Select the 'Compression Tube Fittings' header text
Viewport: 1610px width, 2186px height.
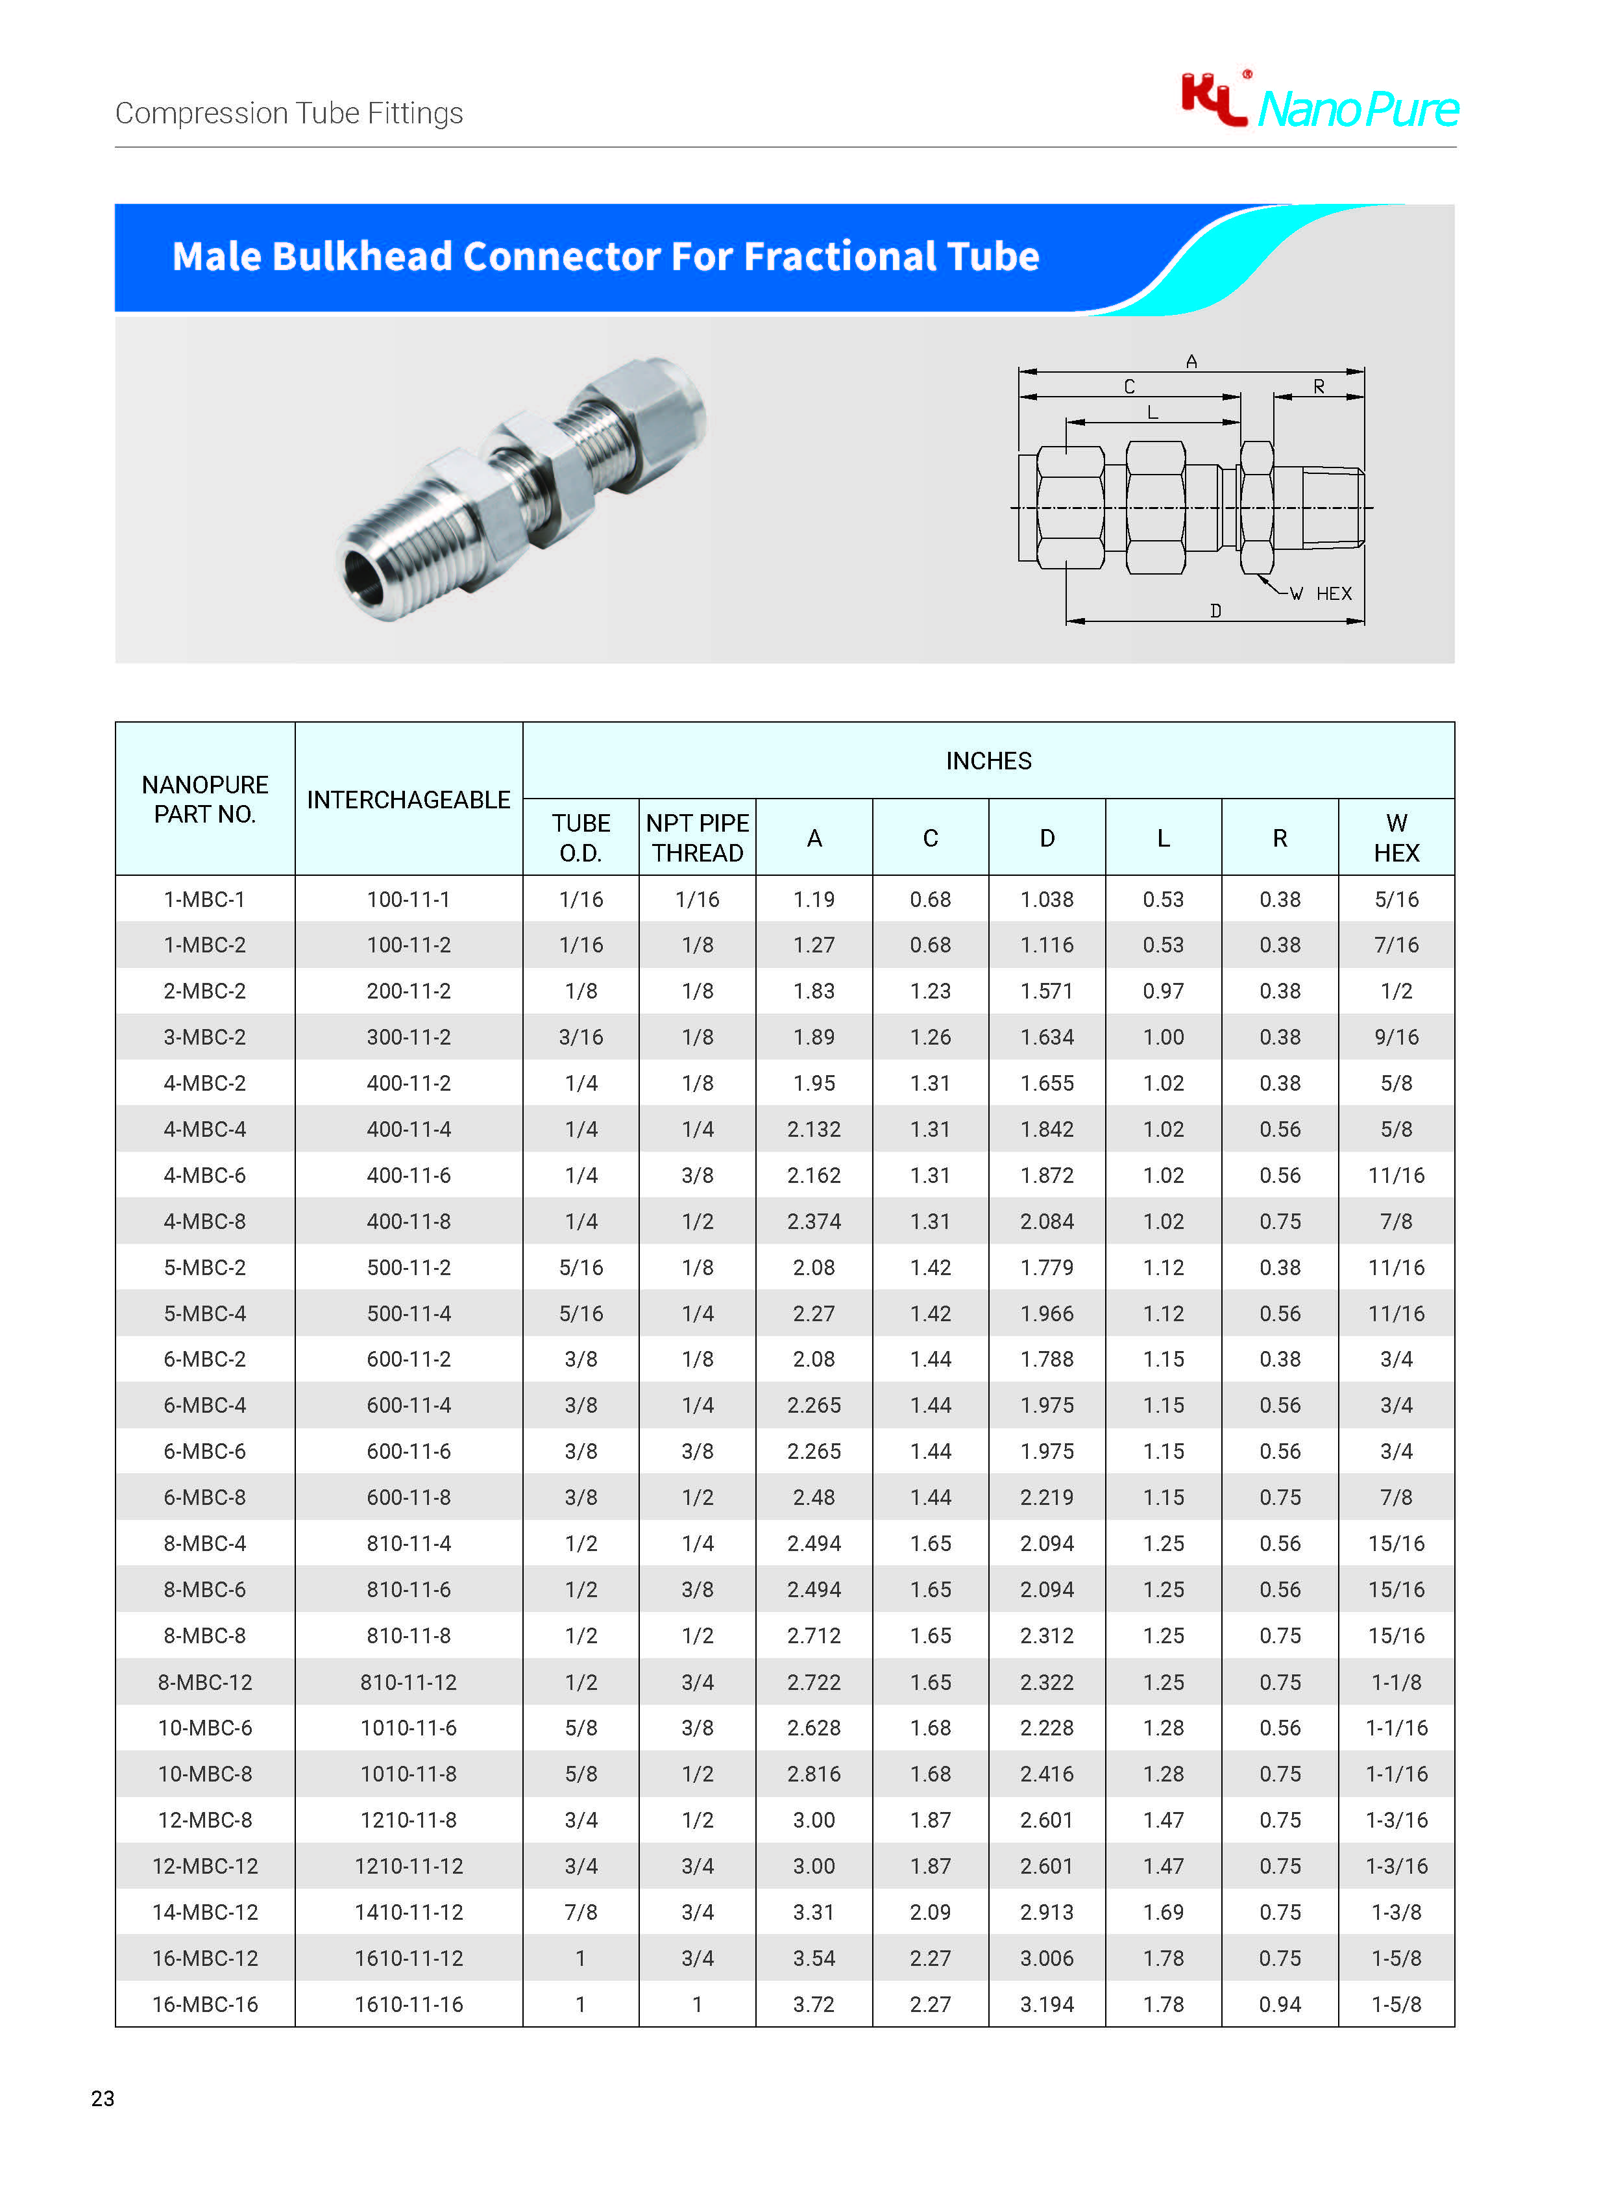coord(289,113)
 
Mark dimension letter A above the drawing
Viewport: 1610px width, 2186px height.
coord(1191,362)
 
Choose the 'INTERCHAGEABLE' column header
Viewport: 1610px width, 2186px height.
coord(408,799)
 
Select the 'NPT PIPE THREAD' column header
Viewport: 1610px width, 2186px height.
coord(697,838)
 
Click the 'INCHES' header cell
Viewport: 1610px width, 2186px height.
coord(988,760)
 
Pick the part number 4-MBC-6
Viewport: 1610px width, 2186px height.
coord(204,1175)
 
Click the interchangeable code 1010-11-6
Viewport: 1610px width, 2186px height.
coord(408,1728)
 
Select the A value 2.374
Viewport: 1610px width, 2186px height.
coord(814,1221)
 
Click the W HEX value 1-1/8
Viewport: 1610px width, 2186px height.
coord(1396,1682)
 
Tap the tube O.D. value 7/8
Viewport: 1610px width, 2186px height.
coord(581,1912)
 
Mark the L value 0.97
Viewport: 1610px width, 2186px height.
coord(1163,991)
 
